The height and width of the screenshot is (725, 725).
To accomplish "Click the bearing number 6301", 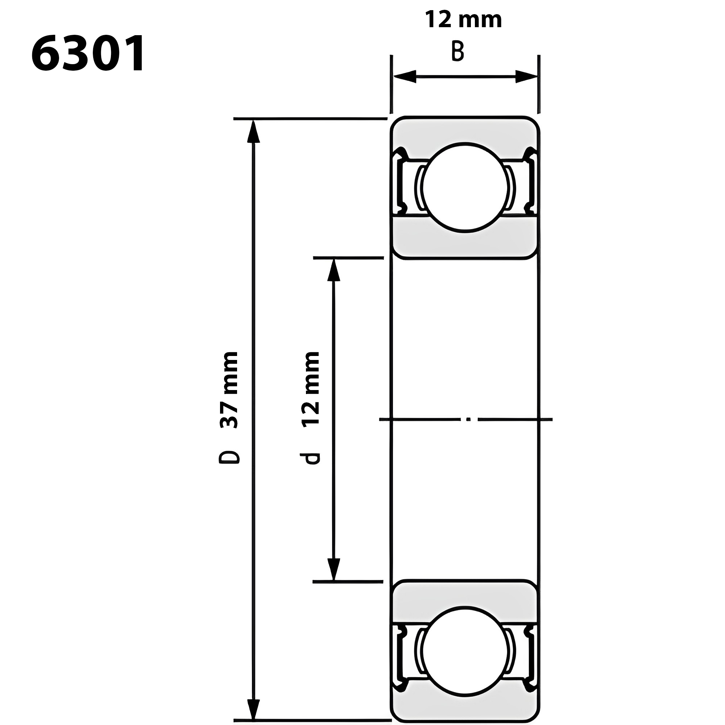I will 88,54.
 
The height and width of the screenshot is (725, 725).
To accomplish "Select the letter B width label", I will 457,51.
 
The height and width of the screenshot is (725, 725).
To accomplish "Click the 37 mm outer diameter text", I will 228,390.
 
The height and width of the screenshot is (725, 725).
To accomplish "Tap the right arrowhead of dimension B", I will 526,76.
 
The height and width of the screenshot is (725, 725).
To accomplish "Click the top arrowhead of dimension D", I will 254,131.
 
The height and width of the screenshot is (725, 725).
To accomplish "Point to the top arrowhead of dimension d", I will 333,270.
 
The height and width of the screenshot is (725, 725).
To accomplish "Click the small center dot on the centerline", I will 468,419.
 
